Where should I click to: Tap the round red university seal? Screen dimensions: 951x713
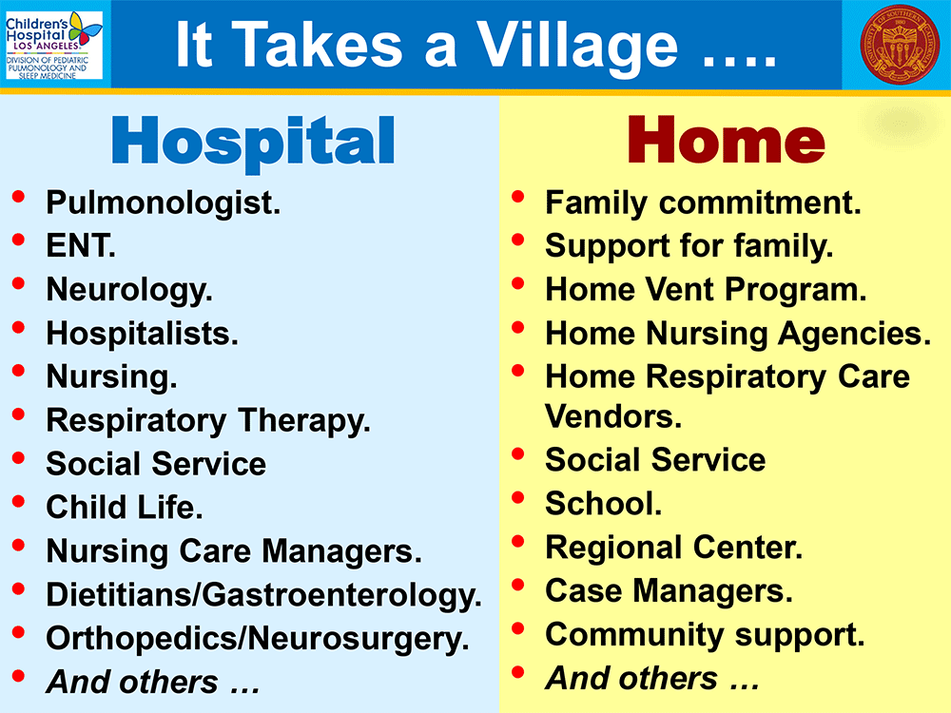900,45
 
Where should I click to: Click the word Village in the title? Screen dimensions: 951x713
577,46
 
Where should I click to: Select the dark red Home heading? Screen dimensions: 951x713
726,140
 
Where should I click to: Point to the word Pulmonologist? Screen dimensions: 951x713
164,203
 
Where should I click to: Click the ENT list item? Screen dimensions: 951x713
81,245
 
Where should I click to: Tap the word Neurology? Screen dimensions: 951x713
129,290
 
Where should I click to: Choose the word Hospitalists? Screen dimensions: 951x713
143,334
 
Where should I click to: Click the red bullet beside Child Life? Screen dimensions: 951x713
19,501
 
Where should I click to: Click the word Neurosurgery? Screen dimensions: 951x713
358,639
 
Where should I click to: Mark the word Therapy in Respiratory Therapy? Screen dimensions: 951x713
304,421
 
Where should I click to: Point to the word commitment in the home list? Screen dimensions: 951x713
760,202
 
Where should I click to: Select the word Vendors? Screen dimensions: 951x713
613,416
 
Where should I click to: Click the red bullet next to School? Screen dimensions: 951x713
518,498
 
